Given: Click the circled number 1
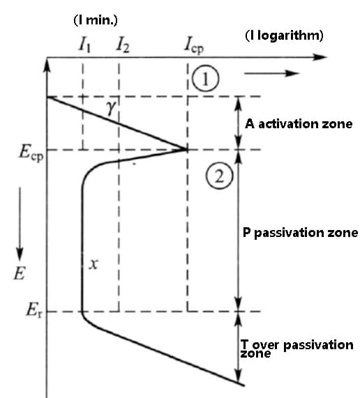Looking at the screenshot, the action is [x=205, y=79].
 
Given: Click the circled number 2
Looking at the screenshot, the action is [x=219, y=176].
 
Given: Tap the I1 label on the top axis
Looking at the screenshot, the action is [x=84, y=46].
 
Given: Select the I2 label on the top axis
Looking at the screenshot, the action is [x=123, y=46].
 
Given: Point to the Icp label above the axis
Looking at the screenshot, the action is [x=194, y=46].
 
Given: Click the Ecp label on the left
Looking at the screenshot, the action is [x=31, y=153].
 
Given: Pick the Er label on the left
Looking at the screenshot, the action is [x=35, y=310].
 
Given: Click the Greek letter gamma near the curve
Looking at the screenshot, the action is [x=111, y=108].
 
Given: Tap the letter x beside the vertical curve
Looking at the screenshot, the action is [x=93, y=264].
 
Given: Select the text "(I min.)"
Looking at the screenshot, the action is [x=96, y=20].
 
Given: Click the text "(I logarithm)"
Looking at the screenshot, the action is [x=284, y=36].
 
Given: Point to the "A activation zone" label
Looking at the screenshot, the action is [x=299, y=124].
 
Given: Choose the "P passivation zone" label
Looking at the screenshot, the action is [x=300, y=233].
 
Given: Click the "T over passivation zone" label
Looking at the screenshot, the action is [x=297, y=349].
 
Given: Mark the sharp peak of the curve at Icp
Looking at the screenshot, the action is [x=187, y=150].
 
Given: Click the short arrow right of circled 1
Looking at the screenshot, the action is [x=272, y=74].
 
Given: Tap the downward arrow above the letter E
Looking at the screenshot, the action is [x=20, y=224].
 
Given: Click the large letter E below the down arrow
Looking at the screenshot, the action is [x=20, y=274].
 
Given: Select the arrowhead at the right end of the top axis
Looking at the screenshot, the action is [x=320, y=57].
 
